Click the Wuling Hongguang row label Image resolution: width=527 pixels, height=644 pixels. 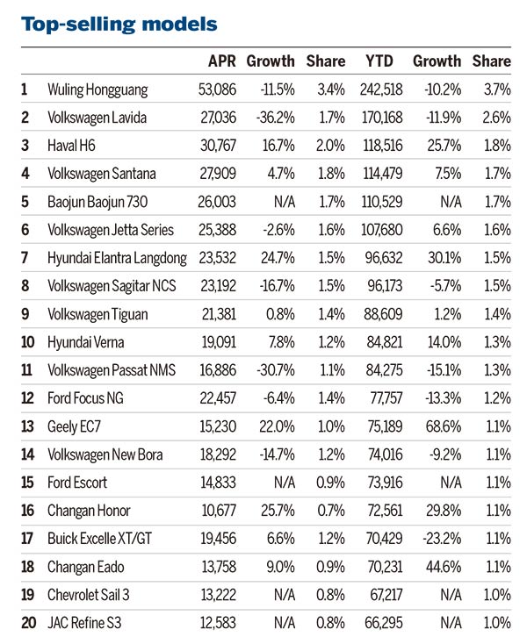(x=97, y=89)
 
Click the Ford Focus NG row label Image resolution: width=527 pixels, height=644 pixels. (x=85, y=398)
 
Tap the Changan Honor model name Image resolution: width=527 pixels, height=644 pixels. (x=89, y=511)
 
